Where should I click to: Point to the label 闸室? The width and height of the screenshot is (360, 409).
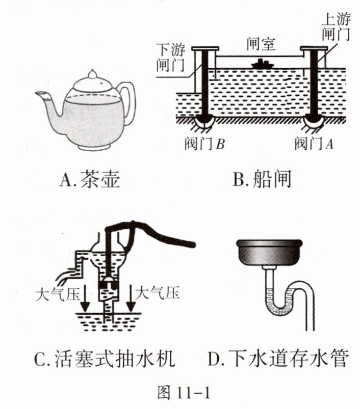pos(260,44)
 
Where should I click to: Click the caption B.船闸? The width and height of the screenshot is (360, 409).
pos(262,179)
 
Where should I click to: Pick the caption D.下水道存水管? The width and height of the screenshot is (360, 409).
pos(278,360)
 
